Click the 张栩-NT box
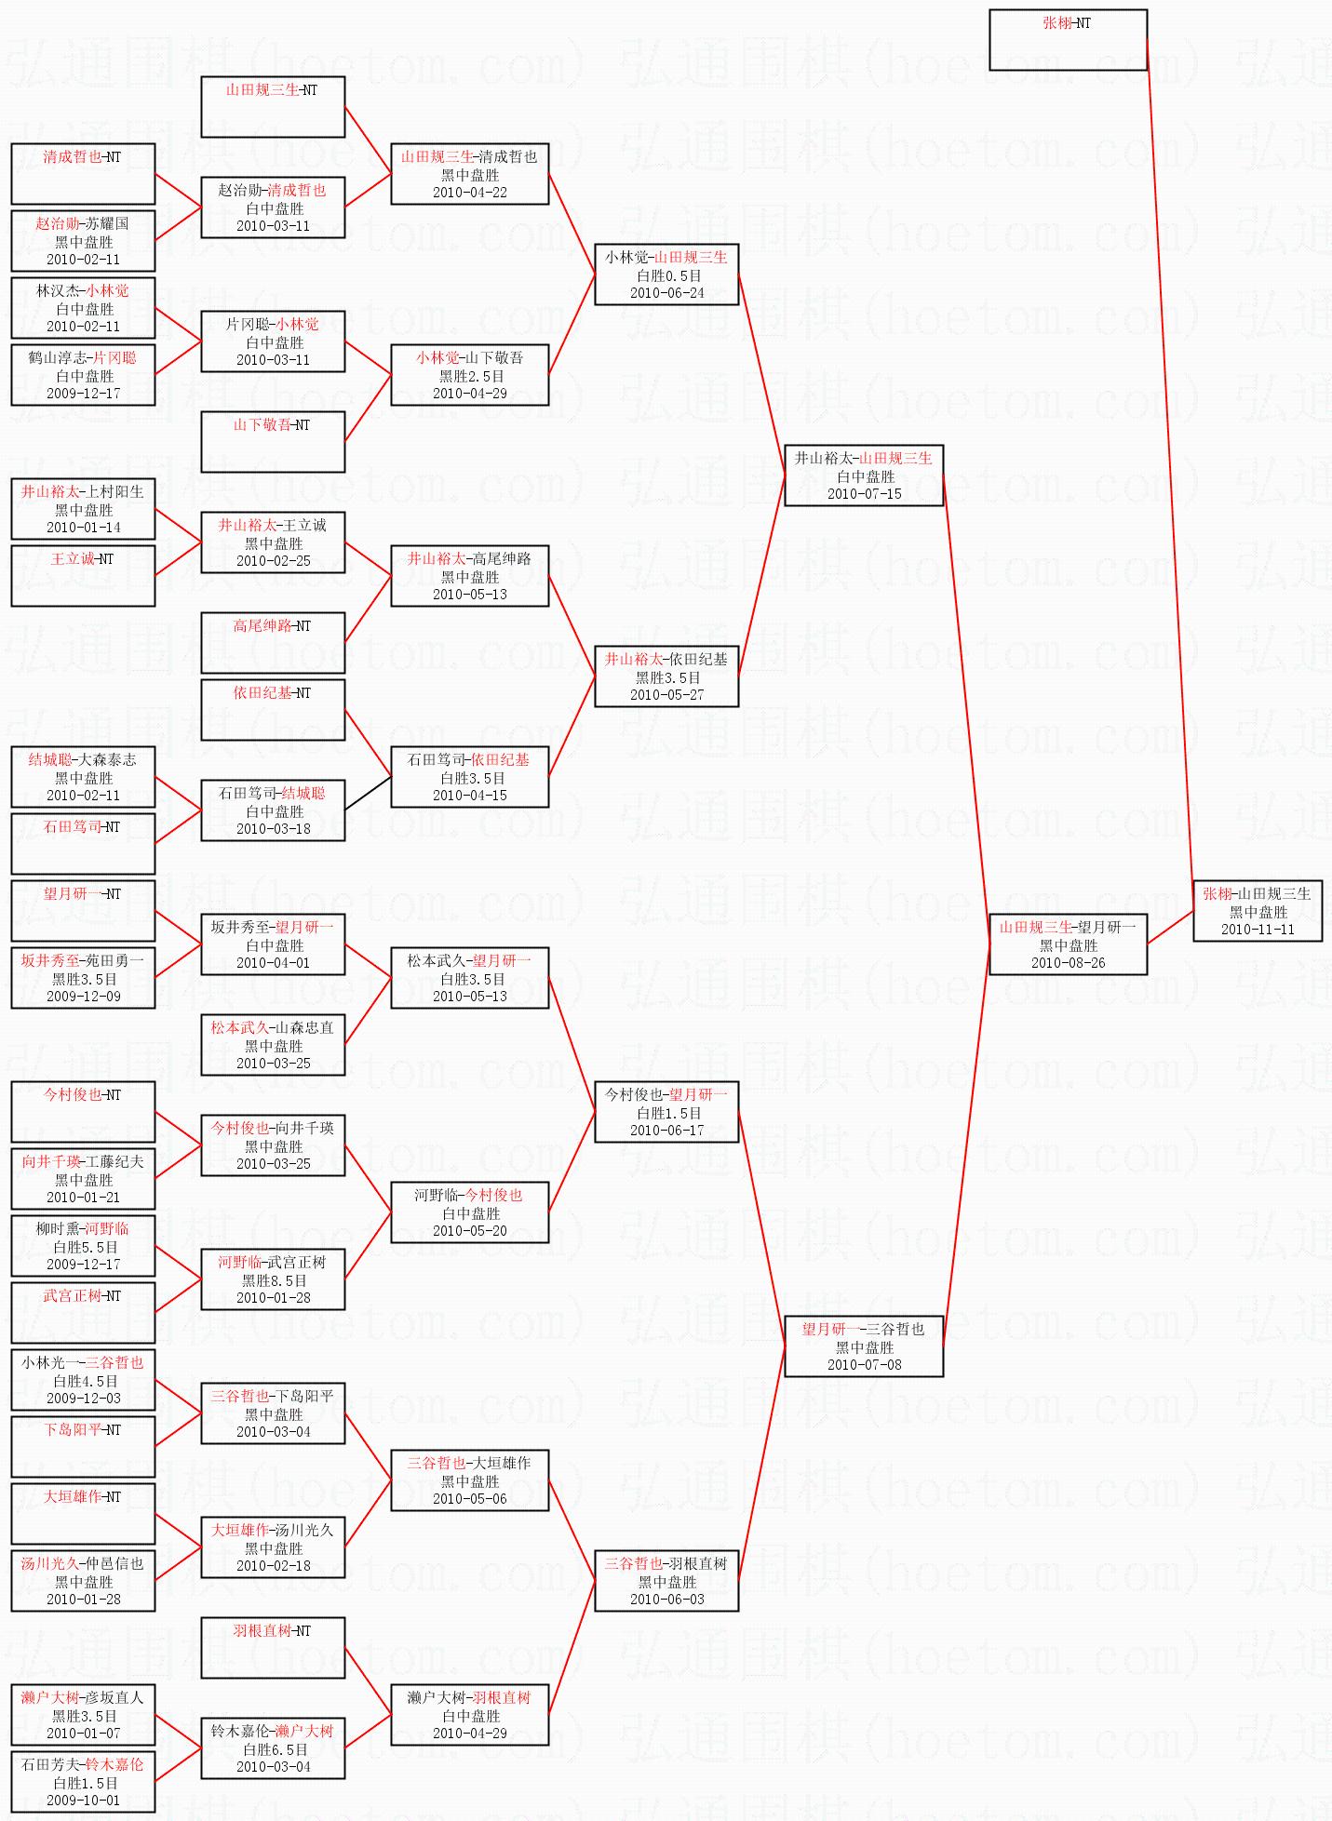click(1068, 40)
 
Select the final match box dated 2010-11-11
click(1258, 911)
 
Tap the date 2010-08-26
click(1068, 963)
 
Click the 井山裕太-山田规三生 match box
click(864, 475)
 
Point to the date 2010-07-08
click(864, 1365)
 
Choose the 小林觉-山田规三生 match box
click(666, 274)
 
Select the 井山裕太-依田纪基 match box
click(666, 676)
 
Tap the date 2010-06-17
click(666, 1131)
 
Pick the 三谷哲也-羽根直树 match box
click(666, 1581)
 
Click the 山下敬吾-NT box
click(273, 442)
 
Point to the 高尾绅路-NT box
click(273, 643)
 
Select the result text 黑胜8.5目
click(274, 1280)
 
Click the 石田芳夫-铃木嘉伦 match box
click(83, 1782)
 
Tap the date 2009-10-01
click(83, 1801)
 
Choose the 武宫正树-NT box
click(83, 1313)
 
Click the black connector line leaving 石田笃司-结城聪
click(368, 793)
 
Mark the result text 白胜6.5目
click(274, 1749)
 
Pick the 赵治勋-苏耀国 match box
click(83, 241)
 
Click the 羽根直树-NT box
click(273, 1648)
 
